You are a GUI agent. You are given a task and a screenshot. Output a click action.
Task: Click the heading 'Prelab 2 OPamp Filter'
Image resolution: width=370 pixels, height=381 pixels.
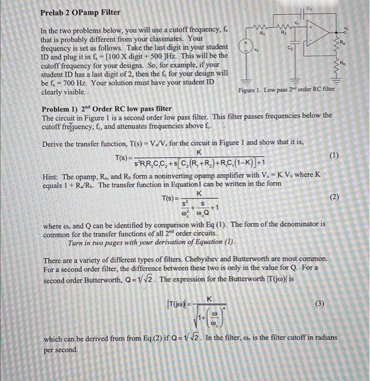(80, 12)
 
